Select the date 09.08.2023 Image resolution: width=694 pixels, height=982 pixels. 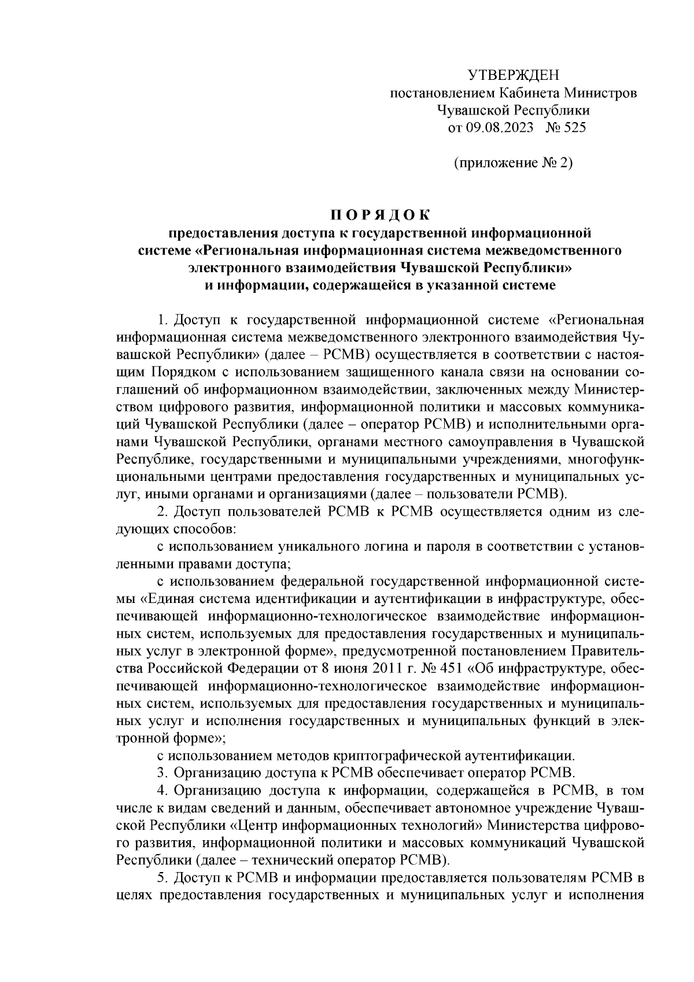[500, 128]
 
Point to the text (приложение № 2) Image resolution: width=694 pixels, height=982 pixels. [513, 163]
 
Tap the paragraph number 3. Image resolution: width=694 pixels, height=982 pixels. [162, 773]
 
